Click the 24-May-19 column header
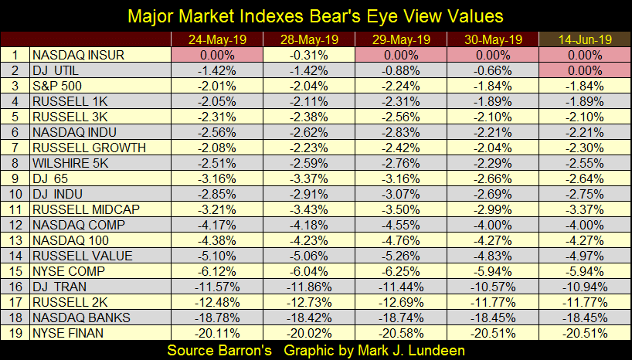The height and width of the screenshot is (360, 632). (x=216, y=39)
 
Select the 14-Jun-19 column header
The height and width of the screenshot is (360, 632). (x=583, y=39)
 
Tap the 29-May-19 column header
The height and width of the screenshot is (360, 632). (x=399, y=39)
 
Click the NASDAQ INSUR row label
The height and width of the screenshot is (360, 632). (x=76, y=55)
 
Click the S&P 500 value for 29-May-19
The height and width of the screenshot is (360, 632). (x=399, y=86)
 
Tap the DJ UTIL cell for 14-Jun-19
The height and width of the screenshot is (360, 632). (x=583, y=70)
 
